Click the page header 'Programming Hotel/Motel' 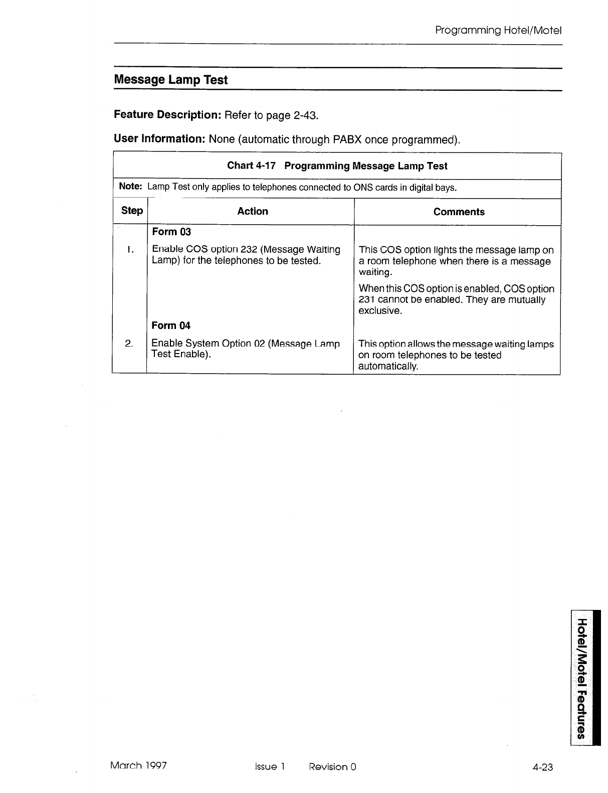pyautogui.click(x=498, y=31)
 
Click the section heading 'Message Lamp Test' pyautogui.click(x=170, y=80)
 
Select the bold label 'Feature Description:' pyautogui.click(x=168, y=115)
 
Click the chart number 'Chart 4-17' pyautogui.click(x=251, y=166)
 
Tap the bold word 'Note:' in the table pyautogui.click(x=131, y=187)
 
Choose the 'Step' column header pyautogui.click(x=132, y=211)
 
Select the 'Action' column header pyautogui.click(x=253, y=211)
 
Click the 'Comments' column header pyautogui.click(x=459, y=212)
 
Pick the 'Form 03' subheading pyautogui.click(x=171, y=232)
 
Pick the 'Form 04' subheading pyautogui.click(x=171, y=326)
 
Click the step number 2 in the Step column pyautogui.click(x=129, y=344)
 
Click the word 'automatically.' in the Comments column pyautogui.click(x=388, y=366)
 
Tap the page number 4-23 pyautogui.click(x=543, y=766)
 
